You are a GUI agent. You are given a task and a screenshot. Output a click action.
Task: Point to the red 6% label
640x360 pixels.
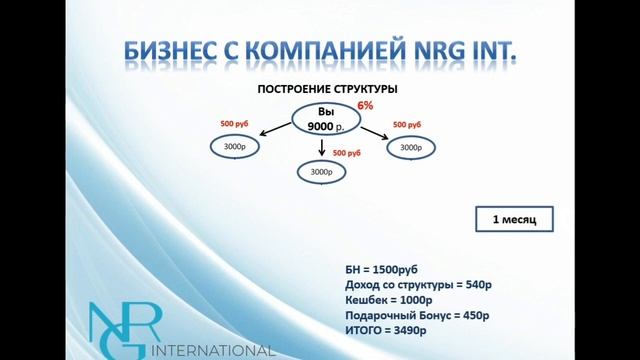coord(365,104)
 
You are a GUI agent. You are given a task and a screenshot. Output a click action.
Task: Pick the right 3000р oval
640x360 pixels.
coord(410,147)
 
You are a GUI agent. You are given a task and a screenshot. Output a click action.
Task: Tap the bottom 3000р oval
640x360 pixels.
coord(321,172)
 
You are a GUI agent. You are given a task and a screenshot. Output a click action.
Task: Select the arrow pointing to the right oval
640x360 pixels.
coord(373,132)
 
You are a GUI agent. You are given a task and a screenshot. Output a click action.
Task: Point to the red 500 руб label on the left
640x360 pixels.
coord(237,124)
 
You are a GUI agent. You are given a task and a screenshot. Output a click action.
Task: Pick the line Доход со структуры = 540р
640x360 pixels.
coord(418,286)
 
